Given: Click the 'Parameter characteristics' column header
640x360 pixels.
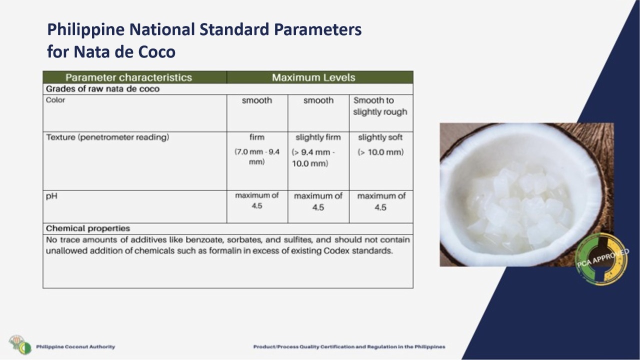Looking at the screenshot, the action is pos(128,77).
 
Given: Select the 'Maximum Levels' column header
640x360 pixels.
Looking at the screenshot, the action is pos(313,77).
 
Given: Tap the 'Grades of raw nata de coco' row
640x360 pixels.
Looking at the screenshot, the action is pos(102,89).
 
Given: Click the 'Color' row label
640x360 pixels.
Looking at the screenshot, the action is pos(55,100).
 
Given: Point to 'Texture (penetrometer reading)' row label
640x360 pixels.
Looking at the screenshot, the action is pos(107,137).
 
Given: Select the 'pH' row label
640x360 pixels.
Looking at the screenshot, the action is pos(51,196).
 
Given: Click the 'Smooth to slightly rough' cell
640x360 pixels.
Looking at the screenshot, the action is pos(380,106).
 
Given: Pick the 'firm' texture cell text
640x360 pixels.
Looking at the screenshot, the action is pos(257,137).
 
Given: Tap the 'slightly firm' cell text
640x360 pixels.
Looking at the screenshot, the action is pos(318,137).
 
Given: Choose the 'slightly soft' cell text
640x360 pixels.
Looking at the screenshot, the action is pos(380,137).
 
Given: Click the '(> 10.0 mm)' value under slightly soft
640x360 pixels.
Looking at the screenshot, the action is pos(380,152).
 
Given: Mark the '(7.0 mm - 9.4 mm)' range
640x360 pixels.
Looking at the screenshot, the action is pos(257,157).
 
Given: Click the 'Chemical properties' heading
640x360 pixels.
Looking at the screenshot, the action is pos(88,228).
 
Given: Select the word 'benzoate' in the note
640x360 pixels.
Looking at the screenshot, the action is pos(204,239).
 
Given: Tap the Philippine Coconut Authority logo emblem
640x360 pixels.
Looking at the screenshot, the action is pos(20,344).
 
